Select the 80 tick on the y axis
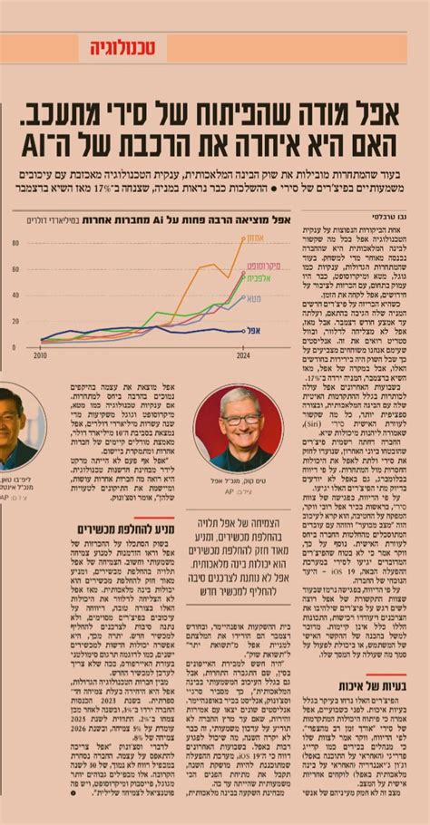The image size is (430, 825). coord(15,244)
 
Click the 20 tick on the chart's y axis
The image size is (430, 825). coord(15,322)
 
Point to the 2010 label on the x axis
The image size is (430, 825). coord(41,355)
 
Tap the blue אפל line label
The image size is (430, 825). coord(255,331)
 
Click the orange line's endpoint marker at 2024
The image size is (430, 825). coord(242,238)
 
